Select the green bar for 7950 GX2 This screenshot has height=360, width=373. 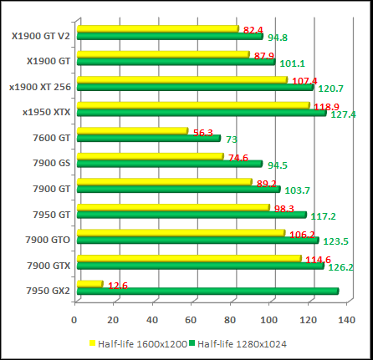click(207, 292)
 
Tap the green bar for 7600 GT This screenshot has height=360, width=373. click(148, 138)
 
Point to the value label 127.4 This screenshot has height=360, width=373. click(343, 114)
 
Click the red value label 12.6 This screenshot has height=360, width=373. click(117, 286)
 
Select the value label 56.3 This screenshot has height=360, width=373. click(203, 132)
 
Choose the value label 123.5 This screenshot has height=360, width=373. click(335, 241)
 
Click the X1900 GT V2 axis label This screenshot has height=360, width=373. click(41, 36)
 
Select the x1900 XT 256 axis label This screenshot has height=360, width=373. click(39, 87)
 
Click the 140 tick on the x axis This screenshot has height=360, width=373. click(346, 319)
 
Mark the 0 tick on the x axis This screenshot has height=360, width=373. click(74, 319)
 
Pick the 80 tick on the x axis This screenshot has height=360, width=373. click(230, 319)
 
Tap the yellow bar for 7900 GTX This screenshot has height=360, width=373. click(188, 260)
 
